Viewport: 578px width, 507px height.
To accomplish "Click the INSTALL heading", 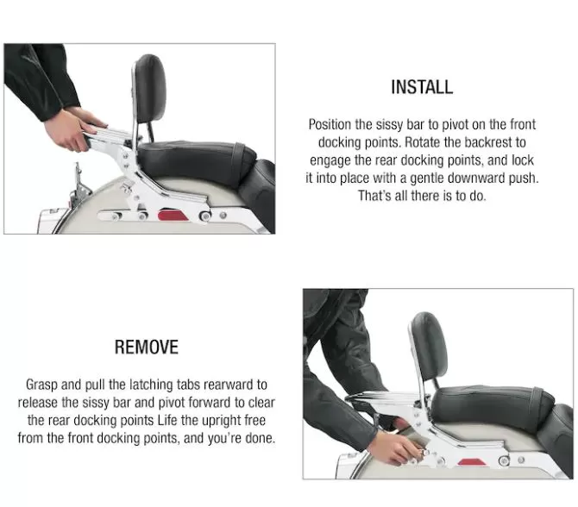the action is tap(422, 87).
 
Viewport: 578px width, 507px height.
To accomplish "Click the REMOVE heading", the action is tap(147, 347).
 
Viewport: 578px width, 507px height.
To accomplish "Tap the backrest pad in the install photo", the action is tap(149, 89).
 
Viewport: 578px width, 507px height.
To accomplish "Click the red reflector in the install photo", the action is tap(173, 216).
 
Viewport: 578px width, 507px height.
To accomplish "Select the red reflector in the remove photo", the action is tap(474, 463).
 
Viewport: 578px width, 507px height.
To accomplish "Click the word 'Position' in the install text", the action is tap(330, 124).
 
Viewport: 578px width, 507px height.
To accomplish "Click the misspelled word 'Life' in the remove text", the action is tap(167, 420).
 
